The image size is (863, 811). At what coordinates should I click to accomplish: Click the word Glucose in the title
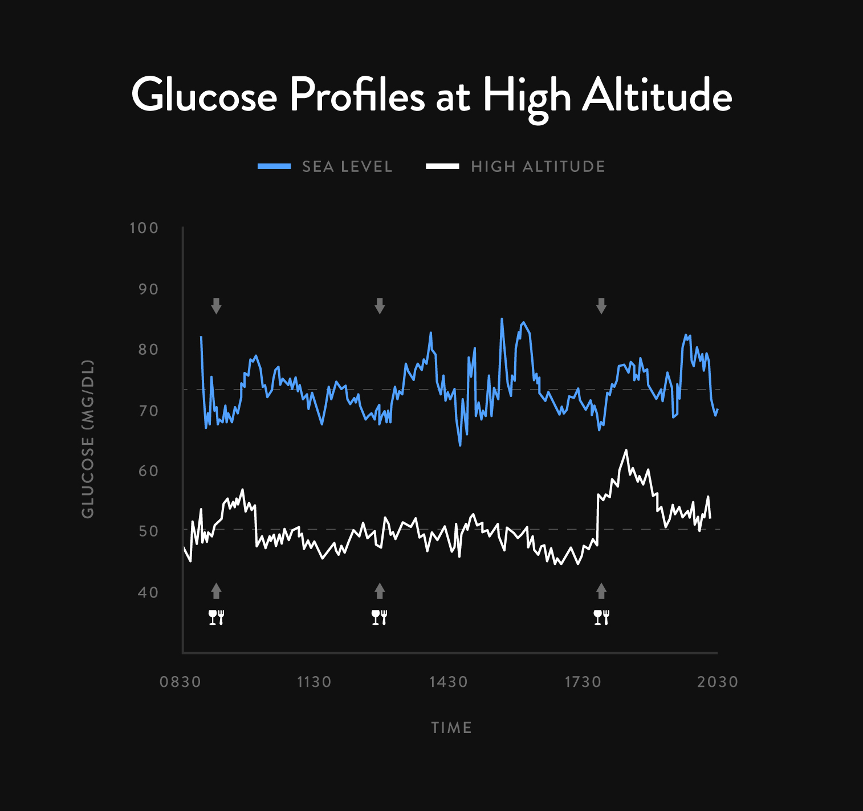point(204,95)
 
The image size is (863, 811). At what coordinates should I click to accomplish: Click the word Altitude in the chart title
point(657,95)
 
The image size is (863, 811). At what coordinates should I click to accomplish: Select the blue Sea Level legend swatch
point(274,166)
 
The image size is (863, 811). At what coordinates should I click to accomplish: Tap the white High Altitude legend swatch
point(442,166)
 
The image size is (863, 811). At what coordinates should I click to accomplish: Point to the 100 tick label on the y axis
point(144,228)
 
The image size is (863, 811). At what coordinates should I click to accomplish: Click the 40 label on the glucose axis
point(148,592)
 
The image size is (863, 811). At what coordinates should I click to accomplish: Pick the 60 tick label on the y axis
point(148,471)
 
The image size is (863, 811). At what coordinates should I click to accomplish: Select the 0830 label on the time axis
point(180,682)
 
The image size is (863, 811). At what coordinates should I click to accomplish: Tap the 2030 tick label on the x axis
point(718,682)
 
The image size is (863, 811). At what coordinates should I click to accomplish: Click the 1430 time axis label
point(449,682)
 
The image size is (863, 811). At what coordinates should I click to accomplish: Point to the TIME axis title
point(451,727)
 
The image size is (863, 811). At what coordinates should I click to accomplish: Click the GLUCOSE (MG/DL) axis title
point(87,439)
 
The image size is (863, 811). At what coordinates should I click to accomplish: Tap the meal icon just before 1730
point(601,617)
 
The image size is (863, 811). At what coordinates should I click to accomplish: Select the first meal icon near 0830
point(216,617)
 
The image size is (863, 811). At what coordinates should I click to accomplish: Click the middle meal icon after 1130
point(380,617)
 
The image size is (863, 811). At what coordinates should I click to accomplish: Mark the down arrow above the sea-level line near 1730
point(601,306)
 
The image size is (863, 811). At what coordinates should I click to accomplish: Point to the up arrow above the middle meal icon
point(380,591)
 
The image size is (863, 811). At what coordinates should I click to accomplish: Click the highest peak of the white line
point(626,450)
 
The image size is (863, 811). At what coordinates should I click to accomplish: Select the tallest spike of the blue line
point(502,319)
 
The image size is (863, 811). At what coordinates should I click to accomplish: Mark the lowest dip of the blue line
point(460,445)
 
